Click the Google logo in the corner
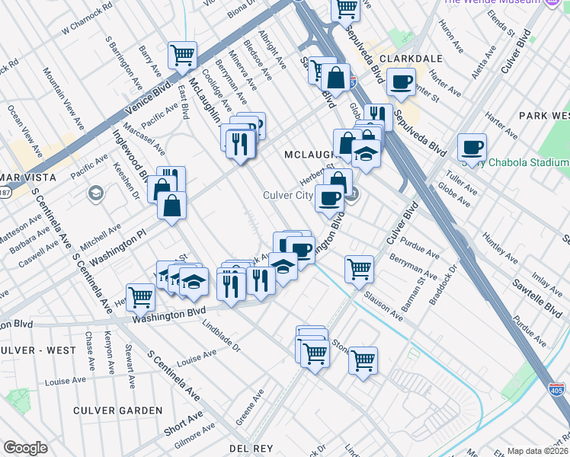25,448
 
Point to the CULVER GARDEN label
118,411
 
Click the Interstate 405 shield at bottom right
556,390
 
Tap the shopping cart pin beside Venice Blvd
183,54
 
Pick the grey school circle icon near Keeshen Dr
96,191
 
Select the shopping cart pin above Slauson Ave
359,268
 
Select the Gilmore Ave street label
193,440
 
